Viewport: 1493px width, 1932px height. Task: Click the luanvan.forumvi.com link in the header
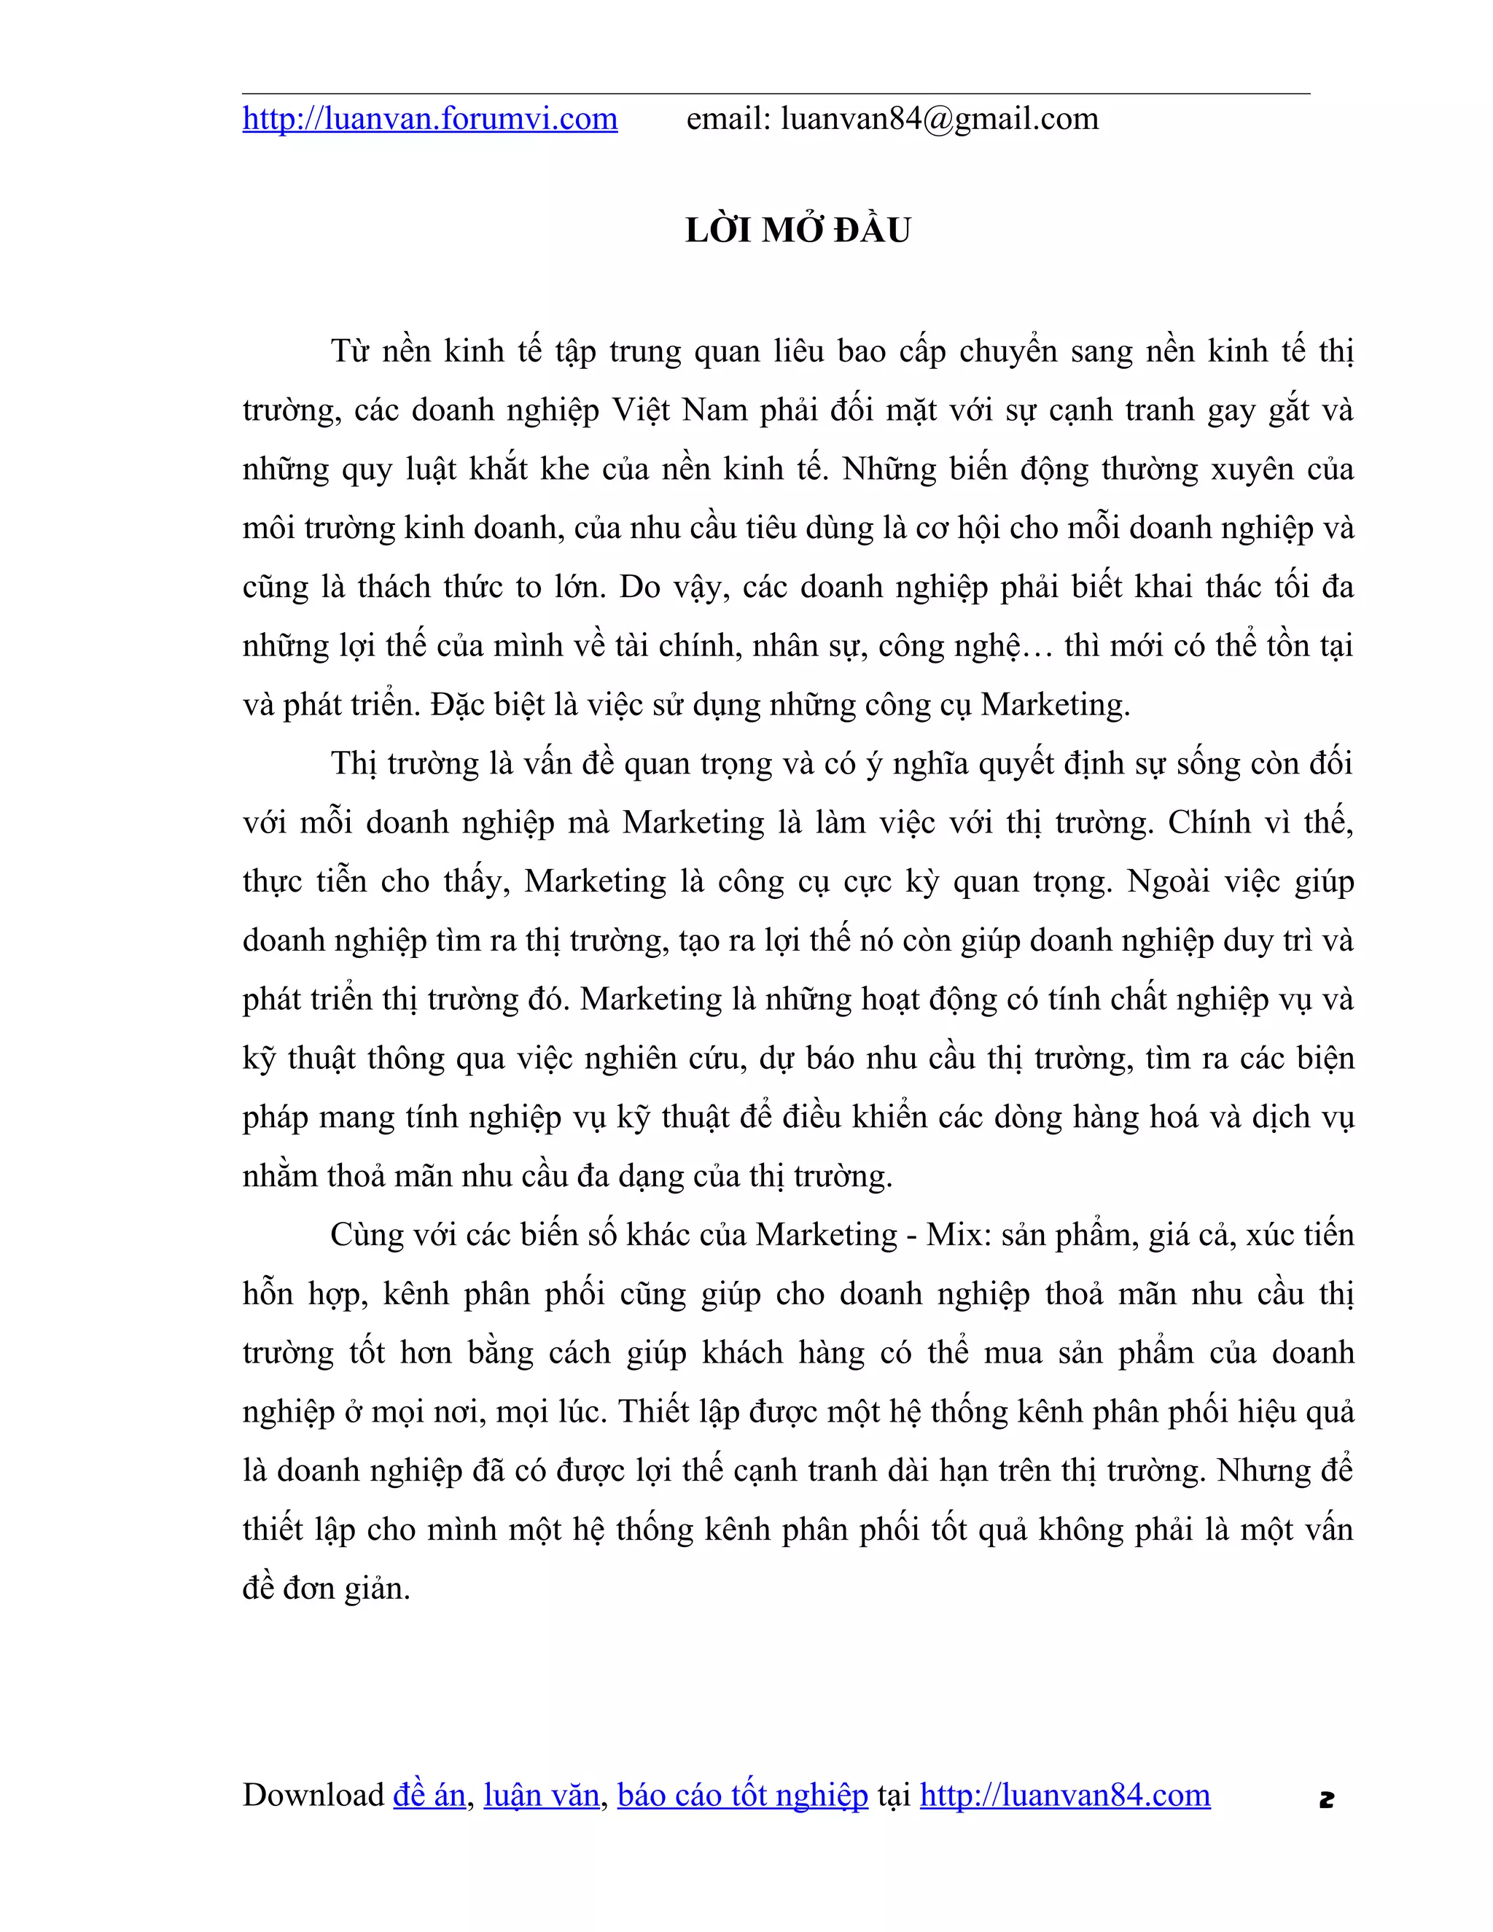430,120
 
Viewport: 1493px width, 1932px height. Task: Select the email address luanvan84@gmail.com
939,120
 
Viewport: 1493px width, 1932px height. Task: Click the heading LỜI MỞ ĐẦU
798,231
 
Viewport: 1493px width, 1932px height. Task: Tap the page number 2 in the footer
1326,1799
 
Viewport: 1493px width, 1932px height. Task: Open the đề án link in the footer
429,1796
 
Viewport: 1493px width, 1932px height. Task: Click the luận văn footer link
542,1796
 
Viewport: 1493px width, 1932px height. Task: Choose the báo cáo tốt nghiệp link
742,1796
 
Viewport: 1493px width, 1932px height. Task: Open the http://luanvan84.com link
1065,1796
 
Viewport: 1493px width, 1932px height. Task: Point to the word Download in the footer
313,1796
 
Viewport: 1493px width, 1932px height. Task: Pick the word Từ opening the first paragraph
349,352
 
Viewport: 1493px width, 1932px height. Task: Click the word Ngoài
1168,882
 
